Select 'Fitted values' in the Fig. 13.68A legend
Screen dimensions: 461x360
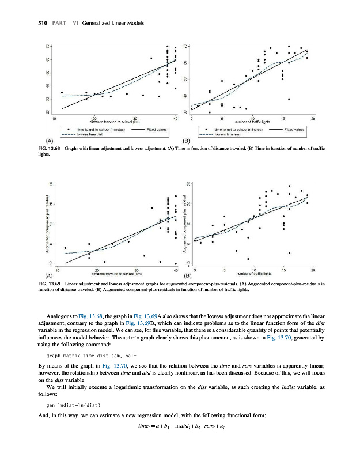click(x=157, y=129)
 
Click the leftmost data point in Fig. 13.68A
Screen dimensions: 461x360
click(x=62, y=92)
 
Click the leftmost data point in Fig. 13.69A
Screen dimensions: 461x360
click(x=65, y=248)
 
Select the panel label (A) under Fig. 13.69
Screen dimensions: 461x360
click(x=50, y=275)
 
